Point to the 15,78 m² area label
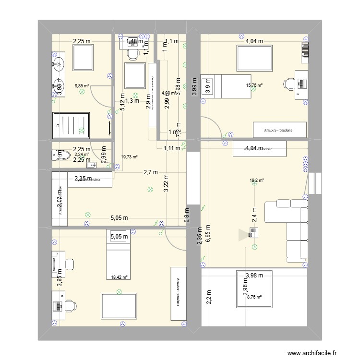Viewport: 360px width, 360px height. coord(254,86)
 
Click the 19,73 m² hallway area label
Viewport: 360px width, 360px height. coord(130,156)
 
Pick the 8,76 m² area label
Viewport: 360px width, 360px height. coord(254,297)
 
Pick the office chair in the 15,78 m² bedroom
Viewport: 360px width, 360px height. coord(289,84)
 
